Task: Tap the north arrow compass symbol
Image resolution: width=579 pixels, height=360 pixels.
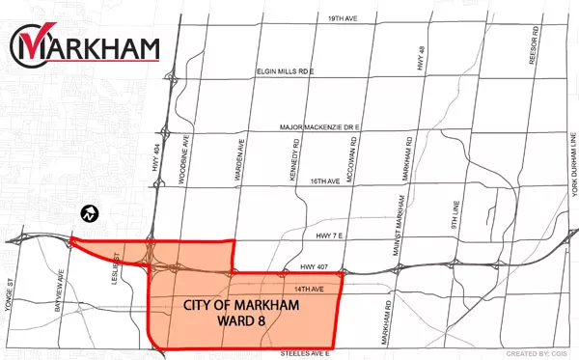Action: pos(88,210)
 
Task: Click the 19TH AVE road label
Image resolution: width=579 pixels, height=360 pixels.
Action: pos(317,18)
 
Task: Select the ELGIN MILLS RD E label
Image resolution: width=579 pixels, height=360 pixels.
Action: pos(287,71)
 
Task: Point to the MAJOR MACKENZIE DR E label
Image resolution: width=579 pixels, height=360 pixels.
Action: pos(318,126)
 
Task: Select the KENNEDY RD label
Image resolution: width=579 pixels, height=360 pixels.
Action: pos(292,152)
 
